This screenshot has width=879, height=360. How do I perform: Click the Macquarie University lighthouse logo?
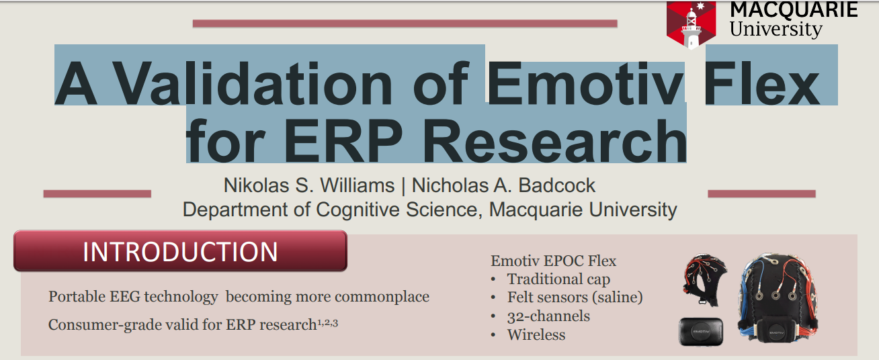click(691, 25)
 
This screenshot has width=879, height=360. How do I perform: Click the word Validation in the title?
click(253, 83)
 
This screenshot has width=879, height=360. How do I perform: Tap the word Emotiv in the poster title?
click(585, 83)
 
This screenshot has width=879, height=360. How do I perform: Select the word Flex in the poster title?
click(762, 83)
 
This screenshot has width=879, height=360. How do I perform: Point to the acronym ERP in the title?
click(343, 140)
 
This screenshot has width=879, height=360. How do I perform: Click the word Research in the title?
click(554, 140)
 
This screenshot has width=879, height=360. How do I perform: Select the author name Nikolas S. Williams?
click(309, 185)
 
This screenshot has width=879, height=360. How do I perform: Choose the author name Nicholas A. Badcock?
click(503, 185)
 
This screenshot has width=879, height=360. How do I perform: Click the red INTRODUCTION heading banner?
click(180, 251)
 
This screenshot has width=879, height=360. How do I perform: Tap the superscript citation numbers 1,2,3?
click(327, 323)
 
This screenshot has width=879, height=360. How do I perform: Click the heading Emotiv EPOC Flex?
click(553, 261)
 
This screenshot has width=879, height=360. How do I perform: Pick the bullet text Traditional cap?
click(558, 279)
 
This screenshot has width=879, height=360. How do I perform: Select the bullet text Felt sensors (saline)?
click(575, 298)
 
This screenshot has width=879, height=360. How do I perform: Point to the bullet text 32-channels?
click(548, 316)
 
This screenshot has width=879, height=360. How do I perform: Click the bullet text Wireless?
click(536, 334)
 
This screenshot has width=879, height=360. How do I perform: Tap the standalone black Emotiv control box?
click(701, 332)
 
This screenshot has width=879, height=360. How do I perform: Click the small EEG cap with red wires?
click(705, 279)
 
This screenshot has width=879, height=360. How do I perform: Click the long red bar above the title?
click(405, 24)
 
